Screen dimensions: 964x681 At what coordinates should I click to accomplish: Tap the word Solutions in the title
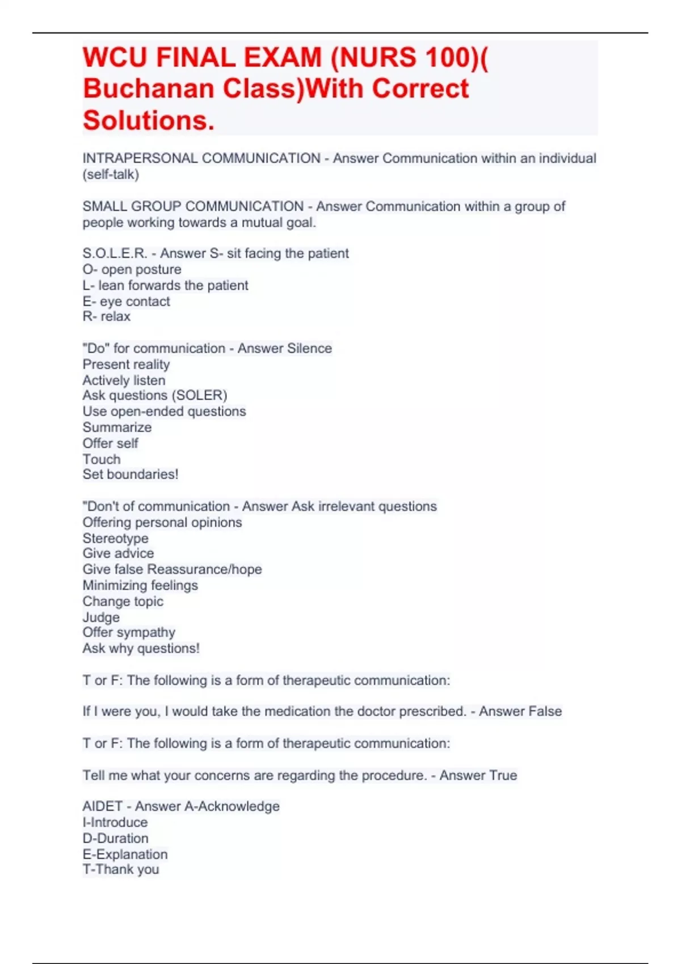pyautogui.click(x=149, y=120)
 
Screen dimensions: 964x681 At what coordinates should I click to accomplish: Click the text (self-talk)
pyautogui.click(x=111, y=174)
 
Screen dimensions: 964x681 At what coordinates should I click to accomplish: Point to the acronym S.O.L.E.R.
pyautogui.click(x=115, y=253)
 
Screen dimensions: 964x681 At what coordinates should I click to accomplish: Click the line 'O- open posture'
pyautogui.click(x=132, y=269)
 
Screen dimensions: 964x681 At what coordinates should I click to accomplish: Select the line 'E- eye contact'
pyautogui.click(x=126, y=301)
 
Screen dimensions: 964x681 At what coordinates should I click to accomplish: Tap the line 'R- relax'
pyautogui.click(x=107, y=316)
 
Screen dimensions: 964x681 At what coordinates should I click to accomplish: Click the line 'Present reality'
pyautogui.click(x=126, y=364)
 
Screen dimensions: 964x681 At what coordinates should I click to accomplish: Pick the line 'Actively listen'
pyautogui.click(x=124, y=380)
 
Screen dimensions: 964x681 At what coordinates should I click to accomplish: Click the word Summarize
pyautogui.click(x=117, y=427)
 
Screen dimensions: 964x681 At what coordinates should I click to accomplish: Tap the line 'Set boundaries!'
pyautogui.click(x=131, y=474)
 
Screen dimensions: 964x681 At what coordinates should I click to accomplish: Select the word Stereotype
pyautogui.click(x=116, y=538)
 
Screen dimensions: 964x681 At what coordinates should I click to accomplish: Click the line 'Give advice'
pyautogui.click(x=118, y=553)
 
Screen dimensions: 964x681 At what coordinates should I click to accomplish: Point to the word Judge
pyautogui.click(x=101, y=617)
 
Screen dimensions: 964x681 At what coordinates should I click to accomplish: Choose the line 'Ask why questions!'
pyautogui.click(x=141, y=648)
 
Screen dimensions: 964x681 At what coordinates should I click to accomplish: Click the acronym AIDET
pyautogui.click(x=103, y=806)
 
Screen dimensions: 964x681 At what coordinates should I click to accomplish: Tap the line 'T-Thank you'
pyautogui.click(x=121, y=869)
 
